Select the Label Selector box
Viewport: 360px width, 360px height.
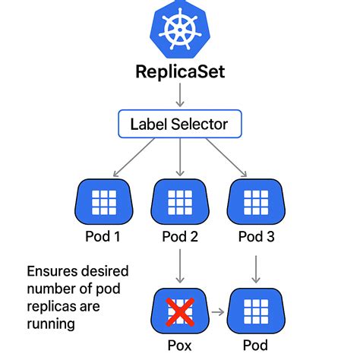pos(180,123)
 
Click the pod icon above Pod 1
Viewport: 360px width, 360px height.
pos(104,202)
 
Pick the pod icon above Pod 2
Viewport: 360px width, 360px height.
pos(180,202)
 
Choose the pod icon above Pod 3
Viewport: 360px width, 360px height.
pos(255,202)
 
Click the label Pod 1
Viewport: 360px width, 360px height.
pos(104,237)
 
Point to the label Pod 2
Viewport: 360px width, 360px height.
pos(180,237)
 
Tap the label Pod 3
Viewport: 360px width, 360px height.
pos(255,237)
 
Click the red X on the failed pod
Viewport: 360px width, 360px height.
pos(180,311)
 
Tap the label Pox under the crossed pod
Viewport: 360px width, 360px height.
pos(180,346)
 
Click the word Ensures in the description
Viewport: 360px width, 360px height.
pos(52,271)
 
